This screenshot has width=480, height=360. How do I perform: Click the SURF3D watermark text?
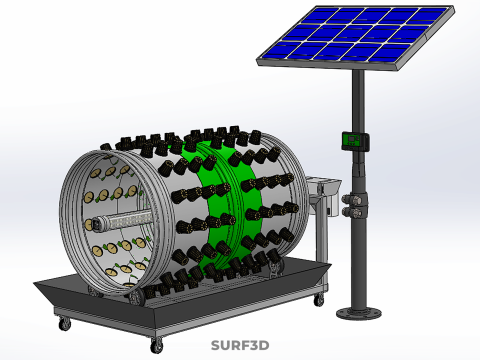240,345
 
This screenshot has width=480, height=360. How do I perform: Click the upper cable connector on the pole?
353,200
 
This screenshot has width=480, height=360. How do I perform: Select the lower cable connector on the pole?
354,212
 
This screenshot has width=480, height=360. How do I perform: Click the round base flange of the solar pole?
359,313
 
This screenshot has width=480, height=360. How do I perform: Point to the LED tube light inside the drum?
122,221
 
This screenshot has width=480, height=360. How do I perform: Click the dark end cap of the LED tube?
96,224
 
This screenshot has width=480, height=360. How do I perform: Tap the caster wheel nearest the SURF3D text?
156,345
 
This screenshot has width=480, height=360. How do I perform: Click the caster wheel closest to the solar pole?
319,299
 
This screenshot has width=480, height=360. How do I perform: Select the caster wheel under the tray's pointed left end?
65,323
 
